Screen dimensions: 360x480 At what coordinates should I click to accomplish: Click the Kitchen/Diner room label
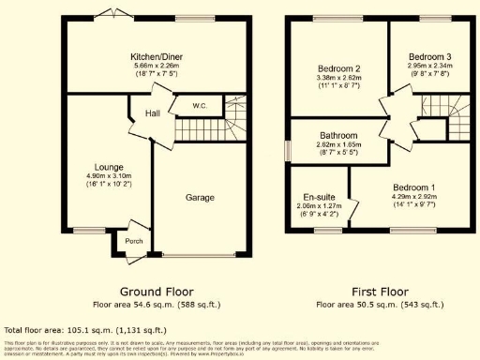(156, 56)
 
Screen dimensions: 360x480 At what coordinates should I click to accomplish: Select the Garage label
(200, 198)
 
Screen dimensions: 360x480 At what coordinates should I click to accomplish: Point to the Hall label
(152, 114)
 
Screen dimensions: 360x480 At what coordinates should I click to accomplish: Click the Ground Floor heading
(156, 292)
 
